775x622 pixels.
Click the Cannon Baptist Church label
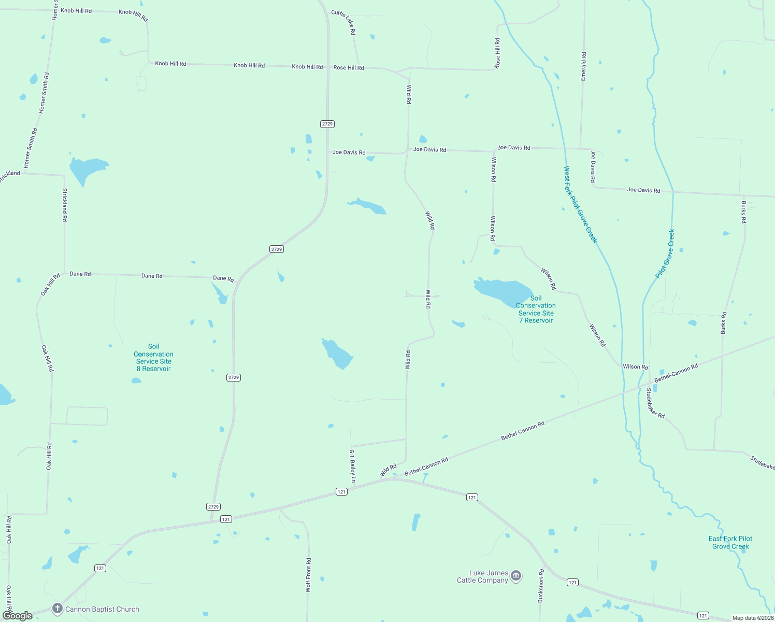102,609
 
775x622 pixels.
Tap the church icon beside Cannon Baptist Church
57,609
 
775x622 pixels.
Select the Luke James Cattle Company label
482,576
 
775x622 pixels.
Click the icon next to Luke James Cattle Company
515,576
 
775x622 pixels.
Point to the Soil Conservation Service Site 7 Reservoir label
536,309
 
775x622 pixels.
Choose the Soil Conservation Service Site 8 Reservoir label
153,358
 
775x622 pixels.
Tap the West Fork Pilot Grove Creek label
580,204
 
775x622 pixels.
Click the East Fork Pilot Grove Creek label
730,542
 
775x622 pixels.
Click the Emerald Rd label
584,66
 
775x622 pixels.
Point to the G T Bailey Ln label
352,466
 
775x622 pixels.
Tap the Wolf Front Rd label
308,575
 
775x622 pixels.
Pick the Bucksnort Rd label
541,586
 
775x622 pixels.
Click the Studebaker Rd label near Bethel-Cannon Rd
655,404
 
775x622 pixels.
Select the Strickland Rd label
65,205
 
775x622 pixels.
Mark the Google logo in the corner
18,616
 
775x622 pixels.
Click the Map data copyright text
752,618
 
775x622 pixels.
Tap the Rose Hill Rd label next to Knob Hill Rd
349,68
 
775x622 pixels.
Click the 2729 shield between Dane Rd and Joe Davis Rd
277,249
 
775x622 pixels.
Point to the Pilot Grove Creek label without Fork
665,253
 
